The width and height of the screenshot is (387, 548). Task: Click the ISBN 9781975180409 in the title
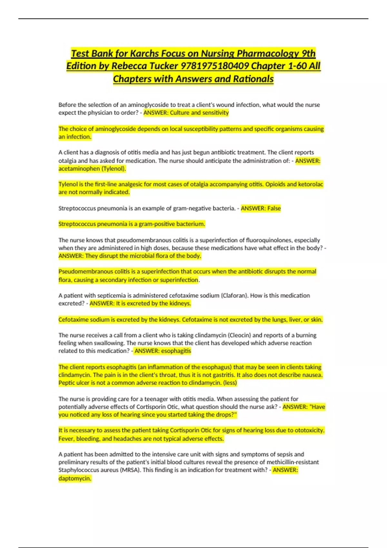(x=214, y=66)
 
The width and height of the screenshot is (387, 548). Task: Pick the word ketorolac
(x=311, y=184)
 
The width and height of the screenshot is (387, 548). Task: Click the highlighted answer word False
(x=274, y=208)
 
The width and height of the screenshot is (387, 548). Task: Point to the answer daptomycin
(x=75, y=478)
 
